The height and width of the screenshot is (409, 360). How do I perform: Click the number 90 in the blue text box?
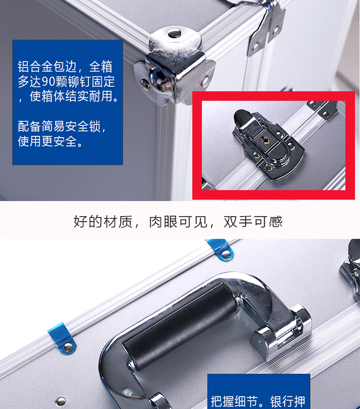pos(48,82)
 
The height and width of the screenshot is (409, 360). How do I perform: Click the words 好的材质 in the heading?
pos(103,222)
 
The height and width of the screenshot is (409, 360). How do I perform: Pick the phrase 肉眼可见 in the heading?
pos(178,222)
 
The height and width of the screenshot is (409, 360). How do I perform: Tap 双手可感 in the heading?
pos(253,222)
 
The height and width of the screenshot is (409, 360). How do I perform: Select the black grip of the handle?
pos(180,326)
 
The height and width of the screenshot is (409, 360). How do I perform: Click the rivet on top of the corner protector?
pos(175,33)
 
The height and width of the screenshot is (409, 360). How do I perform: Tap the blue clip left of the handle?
pos(62,338)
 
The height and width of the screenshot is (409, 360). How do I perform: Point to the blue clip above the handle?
pos(220,249)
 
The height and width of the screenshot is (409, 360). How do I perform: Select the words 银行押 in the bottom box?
pos(288,401)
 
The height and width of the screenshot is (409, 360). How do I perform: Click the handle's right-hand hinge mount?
pos(282,331)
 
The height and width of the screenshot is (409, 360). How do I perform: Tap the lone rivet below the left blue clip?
pos(61,401)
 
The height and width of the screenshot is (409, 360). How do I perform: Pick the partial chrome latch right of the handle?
pos(351,271)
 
